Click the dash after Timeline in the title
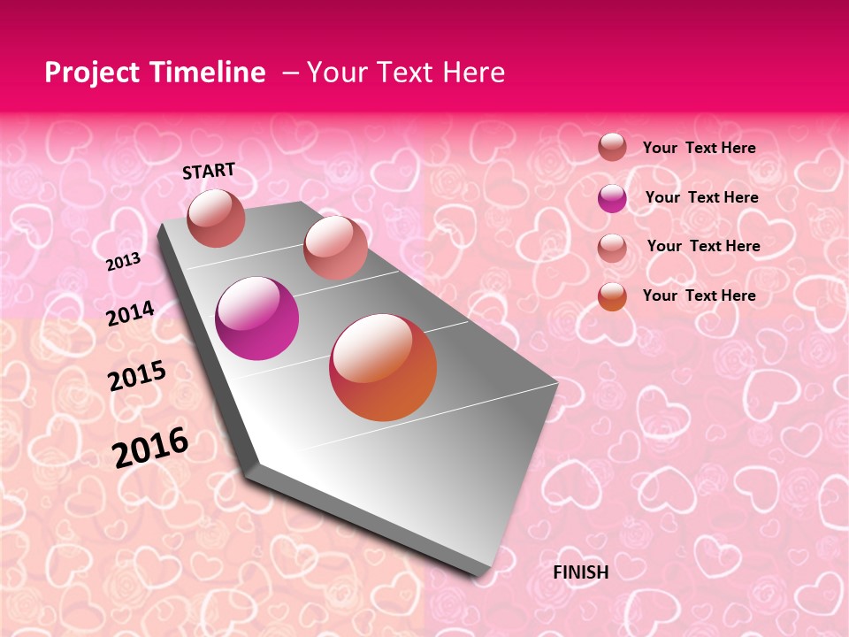(290, 73)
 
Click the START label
(209, 171)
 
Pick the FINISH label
(581, 572)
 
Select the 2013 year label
(124, 261)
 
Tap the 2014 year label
(131, 313)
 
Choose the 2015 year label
(137, 376)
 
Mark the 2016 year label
(150, 448)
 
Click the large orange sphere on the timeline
(383, 367)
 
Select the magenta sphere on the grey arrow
(257, 318)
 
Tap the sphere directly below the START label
(217, 218)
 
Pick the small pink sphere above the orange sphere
(335, 247)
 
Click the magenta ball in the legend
(612, 198)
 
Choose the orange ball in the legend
(612, 296)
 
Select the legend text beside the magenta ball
(702, 197)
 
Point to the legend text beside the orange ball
(700, 295)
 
